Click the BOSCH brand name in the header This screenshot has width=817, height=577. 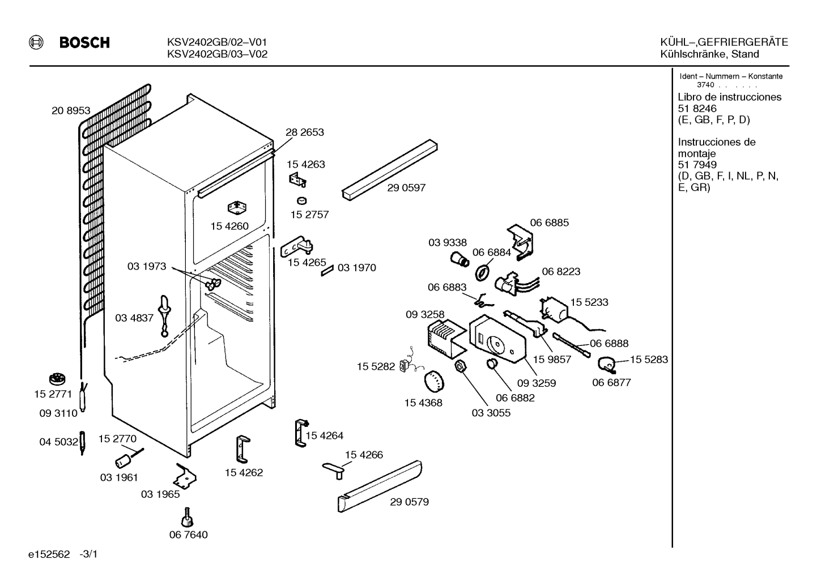[84, 42]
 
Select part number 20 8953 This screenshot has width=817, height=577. [71, 110]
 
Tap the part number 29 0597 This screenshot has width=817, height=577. [406, 188]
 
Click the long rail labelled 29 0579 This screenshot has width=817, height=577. [380, 486]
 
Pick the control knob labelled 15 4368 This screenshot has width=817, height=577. [434, 382]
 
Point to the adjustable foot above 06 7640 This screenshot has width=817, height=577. [188, 518]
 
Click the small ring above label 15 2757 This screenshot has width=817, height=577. [301, 200]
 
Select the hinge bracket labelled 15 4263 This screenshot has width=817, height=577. [297, 180]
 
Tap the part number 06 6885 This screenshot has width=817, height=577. [549, 223]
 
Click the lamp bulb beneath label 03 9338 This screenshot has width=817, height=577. [459, 259]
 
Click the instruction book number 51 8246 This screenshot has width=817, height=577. [697, 109]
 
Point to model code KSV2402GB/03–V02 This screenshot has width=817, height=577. [218, 54]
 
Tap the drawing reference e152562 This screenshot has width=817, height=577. [49, 554]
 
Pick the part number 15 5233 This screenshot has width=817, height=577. [589, 302]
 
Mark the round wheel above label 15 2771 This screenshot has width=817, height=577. [57, 379]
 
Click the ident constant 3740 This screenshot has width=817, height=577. [705, 85]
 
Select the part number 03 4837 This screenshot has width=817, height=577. [134, 318]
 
